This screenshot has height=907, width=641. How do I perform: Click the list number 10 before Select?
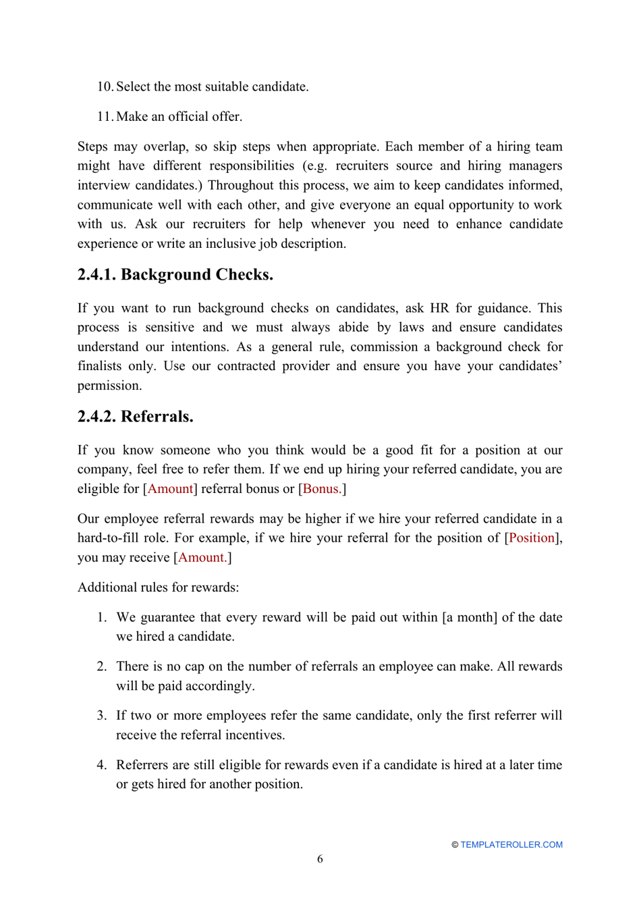[105, 87]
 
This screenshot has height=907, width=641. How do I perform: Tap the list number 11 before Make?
[105, 117]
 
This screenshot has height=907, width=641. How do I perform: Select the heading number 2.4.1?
[96, 275]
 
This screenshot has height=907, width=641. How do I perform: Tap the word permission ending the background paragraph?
[109, 386]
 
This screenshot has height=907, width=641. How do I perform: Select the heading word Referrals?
[157, 417]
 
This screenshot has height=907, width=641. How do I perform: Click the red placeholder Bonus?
[322, 489]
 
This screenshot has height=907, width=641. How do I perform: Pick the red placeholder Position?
[532, 538]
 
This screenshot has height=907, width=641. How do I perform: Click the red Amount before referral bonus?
[170, 489]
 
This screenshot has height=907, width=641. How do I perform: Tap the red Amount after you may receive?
[202, 558]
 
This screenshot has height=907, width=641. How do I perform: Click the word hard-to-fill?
[109, 538]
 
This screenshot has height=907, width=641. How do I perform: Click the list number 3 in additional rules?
[101, 716]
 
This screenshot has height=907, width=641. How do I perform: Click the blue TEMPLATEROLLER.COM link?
[511, 845]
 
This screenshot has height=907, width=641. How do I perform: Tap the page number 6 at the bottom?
[320, 859]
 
